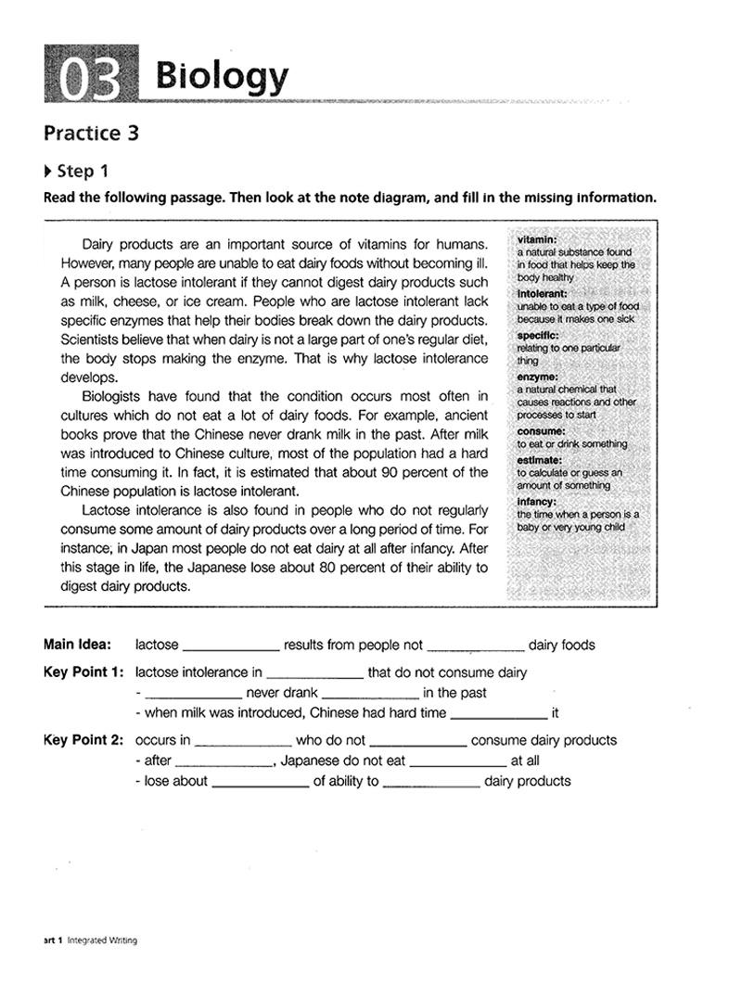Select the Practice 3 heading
pos(91,133)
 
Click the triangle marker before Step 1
pos(48,171)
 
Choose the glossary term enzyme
pos(537,377)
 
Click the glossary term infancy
pos(537,502)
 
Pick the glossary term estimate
pos(539,460)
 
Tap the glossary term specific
pos(538,335)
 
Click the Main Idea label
pos(77,645)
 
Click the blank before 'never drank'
pos(194,693)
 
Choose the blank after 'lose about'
pos(260,781)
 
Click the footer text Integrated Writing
pos(102,940)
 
